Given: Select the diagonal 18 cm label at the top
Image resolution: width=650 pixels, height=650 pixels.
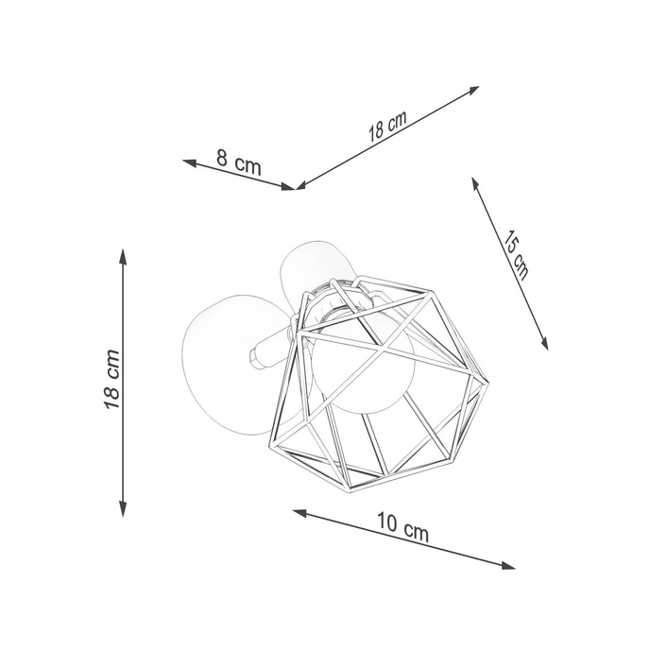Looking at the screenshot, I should tap(387, 126).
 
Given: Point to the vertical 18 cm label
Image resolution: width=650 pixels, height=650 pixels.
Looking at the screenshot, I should tap(112, 380).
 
